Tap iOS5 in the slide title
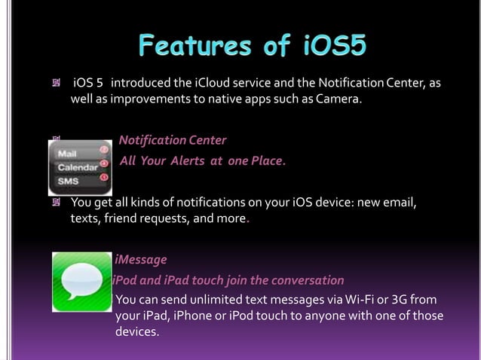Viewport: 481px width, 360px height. (326, 47)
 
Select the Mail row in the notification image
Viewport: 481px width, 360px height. (68, 153)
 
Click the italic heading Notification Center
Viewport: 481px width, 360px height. (173, 140)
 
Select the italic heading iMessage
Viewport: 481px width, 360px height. (141, 260)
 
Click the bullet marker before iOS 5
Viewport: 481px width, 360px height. (55, 82)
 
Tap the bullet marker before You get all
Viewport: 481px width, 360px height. (55, 203)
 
